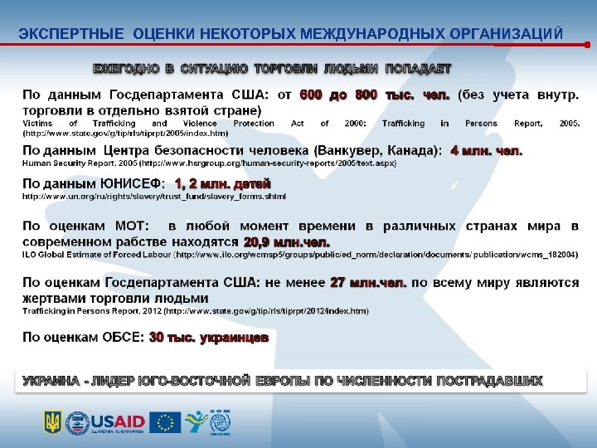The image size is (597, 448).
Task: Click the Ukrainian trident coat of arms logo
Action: [52, 422]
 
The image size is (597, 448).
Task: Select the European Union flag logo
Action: [165, 422]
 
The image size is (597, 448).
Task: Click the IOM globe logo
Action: [221, 422]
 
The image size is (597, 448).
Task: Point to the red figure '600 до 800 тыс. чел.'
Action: [375, 95]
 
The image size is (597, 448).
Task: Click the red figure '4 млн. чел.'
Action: [486, 151]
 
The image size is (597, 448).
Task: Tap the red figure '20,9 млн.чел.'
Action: [286, 241]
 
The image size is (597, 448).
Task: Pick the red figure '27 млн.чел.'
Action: [368, 282]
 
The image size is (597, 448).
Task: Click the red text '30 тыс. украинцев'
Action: [208, 338]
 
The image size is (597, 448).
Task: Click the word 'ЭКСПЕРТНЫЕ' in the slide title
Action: [70, 33]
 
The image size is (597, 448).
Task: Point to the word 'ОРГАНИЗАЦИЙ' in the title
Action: [506, 33]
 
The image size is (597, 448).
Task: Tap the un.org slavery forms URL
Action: [153, 197]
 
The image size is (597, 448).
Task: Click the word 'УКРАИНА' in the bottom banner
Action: [51, 381]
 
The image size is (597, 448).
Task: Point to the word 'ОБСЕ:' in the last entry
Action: [124, 338]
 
